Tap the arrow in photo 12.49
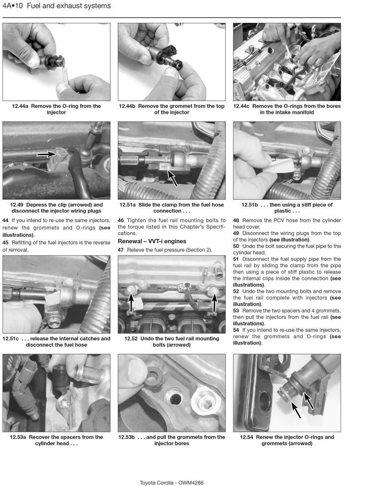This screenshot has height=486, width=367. tap(46, 155)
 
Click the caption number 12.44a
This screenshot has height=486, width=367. tap(22, 106)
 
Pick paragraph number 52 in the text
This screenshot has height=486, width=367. tap(236, 291)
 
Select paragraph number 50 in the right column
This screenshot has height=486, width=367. tap(236, 246)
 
